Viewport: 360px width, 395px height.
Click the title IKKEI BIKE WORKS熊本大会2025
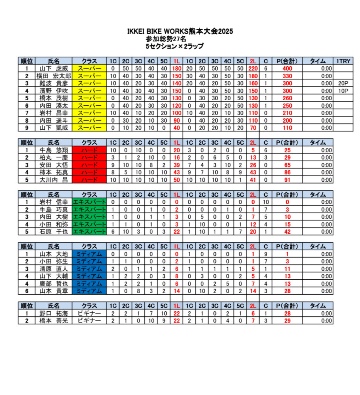click(x=180, y=31)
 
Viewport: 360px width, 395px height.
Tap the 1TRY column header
click(x=343, y=61)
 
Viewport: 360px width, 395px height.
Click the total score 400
click(x=286, y=68)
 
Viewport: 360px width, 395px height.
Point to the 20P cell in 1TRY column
click(x=343, y=83)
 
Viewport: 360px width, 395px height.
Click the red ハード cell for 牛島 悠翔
click(x=89, y=150)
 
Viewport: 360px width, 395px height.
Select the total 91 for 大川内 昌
click(x=286, y=179)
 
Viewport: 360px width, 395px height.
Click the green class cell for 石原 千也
click(x=89, y=231)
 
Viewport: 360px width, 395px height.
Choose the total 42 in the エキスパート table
click(x=286, y=231)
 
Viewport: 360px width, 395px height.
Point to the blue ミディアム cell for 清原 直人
click(x=89, y=268)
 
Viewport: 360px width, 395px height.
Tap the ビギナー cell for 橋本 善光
click(x=89, y=321)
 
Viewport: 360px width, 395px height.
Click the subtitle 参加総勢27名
click(x=166, y=39)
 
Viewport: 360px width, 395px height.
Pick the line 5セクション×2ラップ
click(x=174, y=46)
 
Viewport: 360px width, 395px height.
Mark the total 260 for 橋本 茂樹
click(x=286, y=98)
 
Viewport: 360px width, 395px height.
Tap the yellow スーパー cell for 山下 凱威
click(x=89, y=128)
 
